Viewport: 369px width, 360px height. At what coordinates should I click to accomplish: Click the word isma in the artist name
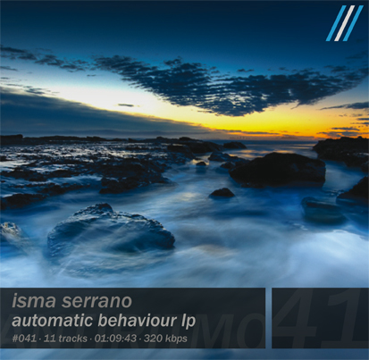click(x=34, y=301)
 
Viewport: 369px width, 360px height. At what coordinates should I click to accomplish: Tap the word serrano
click(x=96, y=302)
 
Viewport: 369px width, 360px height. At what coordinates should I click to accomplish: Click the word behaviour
click(x=138, y=321)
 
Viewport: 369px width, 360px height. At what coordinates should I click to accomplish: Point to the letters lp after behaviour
click(x=189, y=322)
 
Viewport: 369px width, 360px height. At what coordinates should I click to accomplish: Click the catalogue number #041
click(x=24, y=339)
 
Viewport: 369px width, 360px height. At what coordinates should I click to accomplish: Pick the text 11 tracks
click(x=65, y=339)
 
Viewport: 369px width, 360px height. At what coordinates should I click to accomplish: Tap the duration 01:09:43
click(x=115, y=339)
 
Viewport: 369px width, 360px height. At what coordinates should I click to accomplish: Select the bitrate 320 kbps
click(x=165, y=339)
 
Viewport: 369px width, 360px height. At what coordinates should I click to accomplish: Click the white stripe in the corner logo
click(x=344, y=23)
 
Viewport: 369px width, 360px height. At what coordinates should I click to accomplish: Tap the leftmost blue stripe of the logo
click(x=336, y=23)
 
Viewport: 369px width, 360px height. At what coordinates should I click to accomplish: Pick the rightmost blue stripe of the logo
click(x=353, y=23)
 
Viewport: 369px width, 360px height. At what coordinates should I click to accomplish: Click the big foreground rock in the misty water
click(x=110, y=230)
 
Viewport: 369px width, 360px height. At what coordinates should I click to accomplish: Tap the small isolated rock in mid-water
click(x=222, y=193)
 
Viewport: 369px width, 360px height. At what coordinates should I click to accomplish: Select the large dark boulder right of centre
click(x=278, y=169)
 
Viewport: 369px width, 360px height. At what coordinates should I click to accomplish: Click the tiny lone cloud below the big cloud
click(x=126, y=105)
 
